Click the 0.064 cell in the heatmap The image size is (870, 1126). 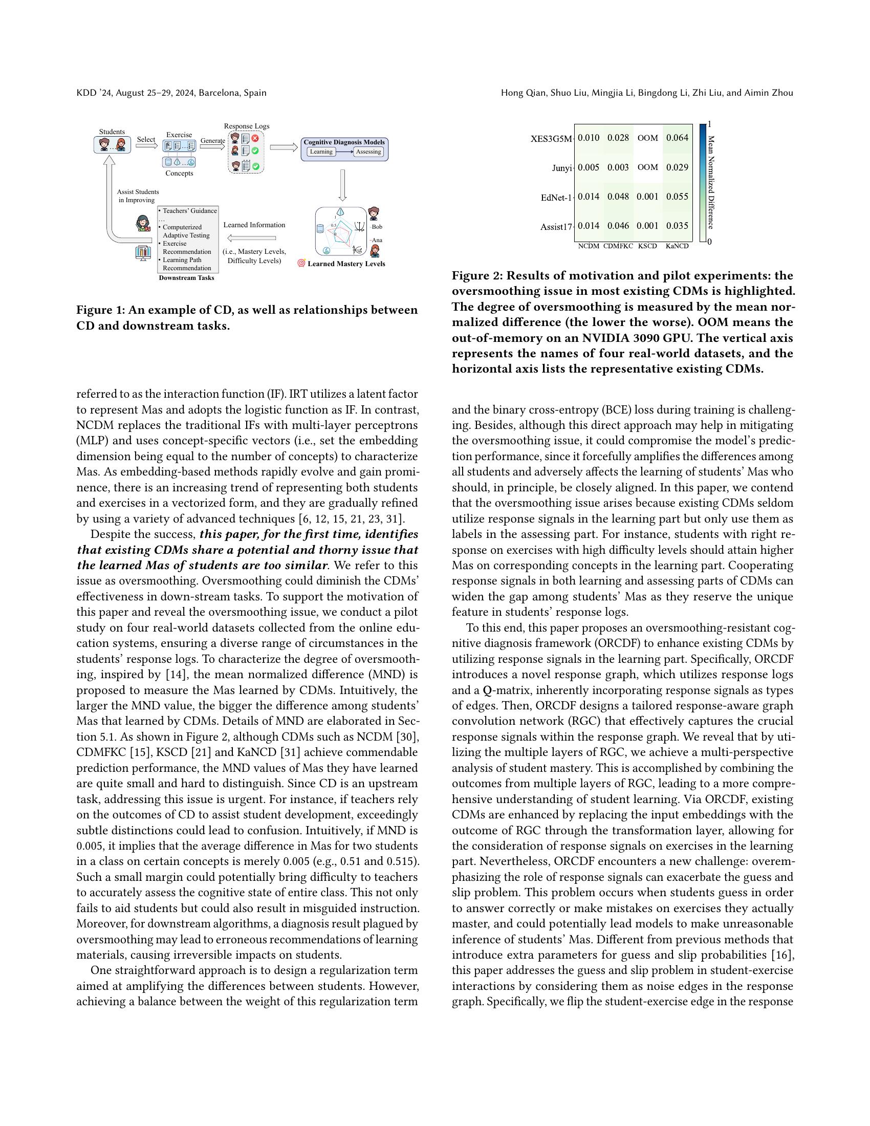pyautogui.click(x=677, y=138)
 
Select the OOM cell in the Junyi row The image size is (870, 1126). pyautogui.click(x=647, y=167)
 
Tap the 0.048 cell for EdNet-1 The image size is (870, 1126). pyautogui.click(x=618, y=197)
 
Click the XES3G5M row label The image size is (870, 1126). pyautogui.click(x=551, y=139)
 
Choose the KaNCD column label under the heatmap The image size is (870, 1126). pyautogui.click(x=677, y=246)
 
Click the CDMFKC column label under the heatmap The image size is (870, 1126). pyautogui.click(x=618, y=246)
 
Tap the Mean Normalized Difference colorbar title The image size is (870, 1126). pyautogui.click(x=711, y=183)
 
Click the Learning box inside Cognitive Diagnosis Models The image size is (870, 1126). pyautogui.click(x=321, y=151)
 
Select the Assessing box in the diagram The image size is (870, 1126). pyautogui.click(x=368, y=151)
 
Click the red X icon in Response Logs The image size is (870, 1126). pyautogui.click(x=255, y=138)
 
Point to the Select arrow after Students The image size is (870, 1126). pyautogui.click(x=146, y=146)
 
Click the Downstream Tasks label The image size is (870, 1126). pyautogui.click(x=187, y=278)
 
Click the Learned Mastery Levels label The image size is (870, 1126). pyautogui.click(x=346, y=264)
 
